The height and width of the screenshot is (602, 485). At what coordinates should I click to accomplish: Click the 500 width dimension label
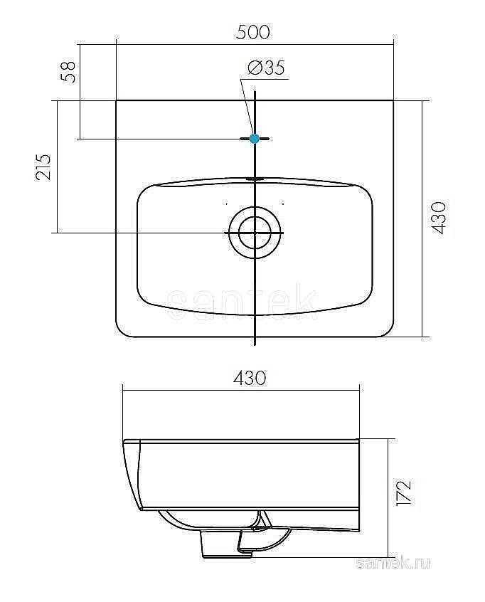[253, 32]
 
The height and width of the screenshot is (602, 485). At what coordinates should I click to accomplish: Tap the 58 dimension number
[69, 72]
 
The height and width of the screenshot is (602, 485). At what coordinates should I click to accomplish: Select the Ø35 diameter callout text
[267, 68]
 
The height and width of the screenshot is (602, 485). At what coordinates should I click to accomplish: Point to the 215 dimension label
[43, 167]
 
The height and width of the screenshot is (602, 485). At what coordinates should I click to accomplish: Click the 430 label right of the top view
[439, 218]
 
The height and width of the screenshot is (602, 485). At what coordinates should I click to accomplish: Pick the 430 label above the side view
[250, 378]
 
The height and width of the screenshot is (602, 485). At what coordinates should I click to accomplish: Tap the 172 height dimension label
[405, 492]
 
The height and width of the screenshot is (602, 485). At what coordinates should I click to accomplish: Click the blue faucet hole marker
[254, 139]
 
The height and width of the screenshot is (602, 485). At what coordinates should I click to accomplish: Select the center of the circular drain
[255, 233]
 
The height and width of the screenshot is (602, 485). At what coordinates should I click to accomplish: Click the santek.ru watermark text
[393, 564]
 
